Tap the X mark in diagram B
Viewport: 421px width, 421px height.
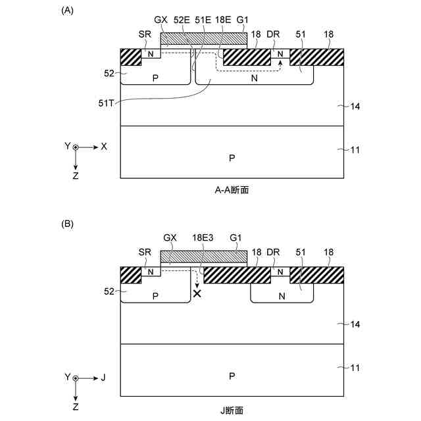[197, 293]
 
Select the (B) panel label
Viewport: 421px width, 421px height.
[66, 224]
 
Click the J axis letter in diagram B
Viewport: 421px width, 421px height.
[103, 378]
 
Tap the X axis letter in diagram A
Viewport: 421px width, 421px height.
[104, 147]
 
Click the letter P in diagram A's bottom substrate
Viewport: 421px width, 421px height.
[232, 158]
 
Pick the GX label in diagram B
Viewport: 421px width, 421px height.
[170, 237]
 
